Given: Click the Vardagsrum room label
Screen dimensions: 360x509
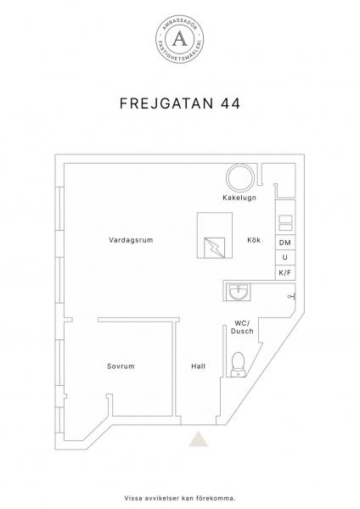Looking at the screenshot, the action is [x=131, y=240].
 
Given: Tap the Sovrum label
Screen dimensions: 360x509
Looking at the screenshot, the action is [x=121, y=366].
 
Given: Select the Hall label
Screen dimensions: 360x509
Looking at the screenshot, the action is [x=198, y=366].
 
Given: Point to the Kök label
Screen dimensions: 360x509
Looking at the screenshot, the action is [x=254, y=240].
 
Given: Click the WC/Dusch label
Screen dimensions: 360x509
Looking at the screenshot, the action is [x=242, y=327].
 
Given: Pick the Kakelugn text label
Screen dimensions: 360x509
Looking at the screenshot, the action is [x=239, y=198].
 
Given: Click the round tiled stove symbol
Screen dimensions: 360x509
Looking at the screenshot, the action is [x=240, y=177].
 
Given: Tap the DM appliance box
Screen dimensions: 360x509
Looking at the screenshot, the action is [x=285, y=243].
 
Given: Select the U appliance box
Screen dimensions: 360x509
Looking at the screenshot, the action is [x=285, y=257].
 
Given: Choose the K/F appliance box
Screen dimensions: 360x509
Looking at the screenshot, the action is [x=285, y=272].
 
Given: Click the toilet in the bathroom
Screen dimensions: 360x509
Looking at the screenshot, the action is [x=238, y=365].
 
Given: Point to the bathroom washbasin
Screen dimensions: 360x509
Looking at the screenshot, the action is [x=239, y=292].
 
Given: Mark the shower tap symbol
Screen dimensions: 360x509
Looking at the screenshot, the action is [x=291, y=296].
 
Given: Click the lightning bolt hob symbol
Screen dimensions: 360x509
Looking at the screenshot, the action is [x=215, y=248].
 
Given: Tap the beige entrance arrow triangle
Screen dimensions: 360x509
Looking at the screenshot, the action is [x=199, y=439].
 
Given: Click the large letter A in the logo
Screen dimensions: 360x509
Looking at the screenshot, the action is [x=180, y=38].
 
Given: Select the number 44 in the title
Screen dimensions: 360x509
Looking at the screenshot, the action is [x=231, y=103].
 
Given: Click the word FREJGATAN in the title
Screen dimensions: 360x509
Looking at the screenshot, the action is [x=166, y=103].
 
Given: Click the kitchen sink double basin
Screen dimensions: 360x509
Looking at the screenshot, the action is [x=285, y=223].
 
